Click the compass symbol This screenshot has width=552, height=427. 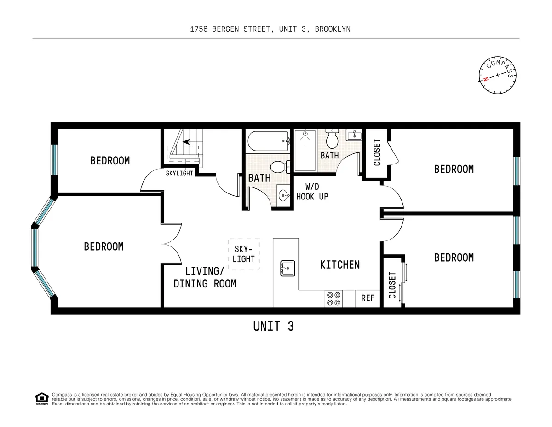[x=497, y=75]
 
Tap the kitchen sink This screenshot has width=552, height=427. [x=287, y=268]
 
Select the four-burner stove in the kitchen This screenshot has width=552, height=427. [x=333, y=298]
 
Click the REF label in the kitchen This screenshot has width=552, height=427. [x=368, y=298]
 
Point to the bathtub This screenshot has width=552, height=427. [x=267, y=141]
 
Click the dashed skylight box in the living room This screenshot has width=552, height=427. [x=244, y=254]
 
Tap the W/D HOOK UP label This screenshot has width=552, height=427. [x=312, y=192]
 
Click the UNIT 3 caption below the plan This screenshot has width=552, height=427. [x=273, y=326]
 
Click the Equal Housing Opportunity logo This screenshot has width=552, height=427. [x=42, y=399]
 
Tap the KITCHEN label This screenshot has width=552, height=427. [x=340, y=264]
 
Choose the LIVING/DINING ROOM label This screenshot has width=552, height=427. [x=205, y=277]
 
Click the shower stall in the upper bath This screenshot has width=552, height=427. [x=306, y=150]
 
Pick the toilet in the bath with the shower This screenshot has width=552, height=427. [x=332, y=137]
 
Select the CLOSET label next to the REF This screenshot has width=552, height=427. [x=392, y=286]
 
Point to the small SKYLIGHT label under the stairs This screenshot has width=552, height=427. [x=179, y=174]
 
